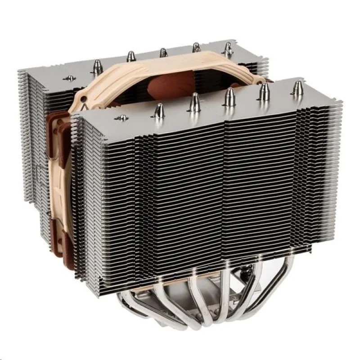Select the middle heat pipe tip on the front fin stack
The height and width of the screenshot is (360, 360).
click(229, 96)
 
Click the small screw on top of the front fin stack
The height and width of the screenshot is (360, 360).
click(121, 118)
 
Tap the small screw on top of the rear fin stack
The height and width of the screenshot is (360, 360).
click(70, 78)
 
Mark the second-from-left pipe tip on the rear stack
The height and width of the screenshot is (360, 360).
click(131, 56)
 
